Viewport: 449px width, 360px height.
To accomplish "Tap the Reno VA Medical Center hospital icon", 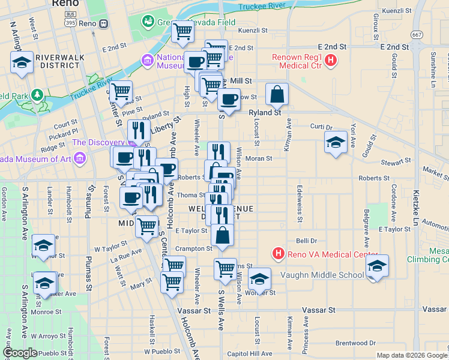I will [278, 254].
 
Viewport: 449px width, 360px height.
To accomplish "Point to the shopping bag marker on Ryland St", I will [277, 95].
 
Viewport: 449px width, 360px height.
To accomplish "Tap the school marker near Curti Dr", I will [336, 142].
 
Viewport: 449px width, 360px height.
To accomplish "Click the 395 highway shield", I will [71, 22].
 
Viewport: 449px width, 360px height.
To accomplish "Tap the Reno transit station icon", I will [103, 23].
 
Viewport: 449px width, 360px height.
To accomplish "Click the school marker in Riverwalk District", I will [22, 62].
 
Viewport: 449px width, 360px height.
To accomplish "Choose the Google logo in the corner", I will [20, 353].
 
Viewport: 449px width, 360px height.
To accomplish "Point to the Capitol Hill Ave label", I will [250, 353].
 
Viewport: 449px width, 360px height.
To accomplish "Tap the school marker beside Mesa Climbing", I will [378, 266].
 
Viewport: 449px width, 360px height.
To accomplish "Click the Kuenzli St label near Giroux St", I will [403, 11].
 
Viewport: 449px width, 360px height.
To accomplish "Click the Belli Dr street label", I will [306, 240].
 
